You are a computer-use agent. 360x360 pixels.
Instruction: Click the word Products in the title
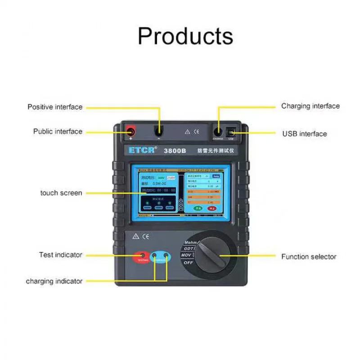click(x=185, y=36)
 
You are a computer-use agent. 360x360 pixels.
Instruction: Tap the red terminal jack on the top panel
click(x=130, y=131)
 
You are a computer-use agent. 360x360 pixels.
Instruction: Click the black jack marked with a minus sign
click(x=158, y=131)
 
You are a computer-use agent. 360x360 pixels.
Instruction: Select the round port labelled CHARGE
click(x=218, y=131)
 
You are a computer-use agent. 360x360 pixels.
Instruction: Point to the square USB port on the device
click(x=231, y=131)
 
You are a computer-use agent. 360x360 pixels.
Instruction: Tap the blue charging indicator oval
click(x=161, y=257)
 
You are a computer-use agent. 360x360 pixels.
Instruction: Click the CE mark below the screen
click(x=146, y=236)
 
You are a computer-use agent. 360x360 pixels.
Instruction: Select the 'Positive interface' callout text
click(x=55, y=107)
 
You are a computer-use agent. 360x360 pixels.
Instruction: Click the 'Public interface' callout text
click(x=58, y=131)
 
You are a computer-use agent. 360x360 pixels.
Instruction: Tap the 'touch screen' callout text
click(x=61, y=193)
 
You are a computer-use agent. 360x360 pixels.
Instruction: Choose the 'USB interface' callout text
click(x=305, y=134)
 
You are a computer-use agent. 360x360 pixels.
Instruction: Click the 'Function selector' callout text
click(x=309, y=257)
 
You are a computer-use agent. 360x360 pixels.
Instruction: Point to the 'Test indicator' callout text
click(x=61, y=255)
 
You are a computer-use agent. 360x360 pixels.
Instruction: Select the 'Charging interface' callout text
click(x=310, y=106)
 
